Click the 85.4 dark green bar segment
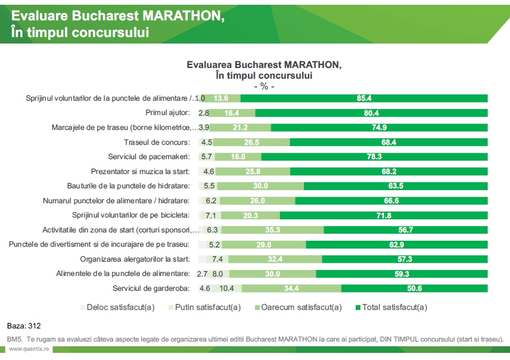(x=364, y=98)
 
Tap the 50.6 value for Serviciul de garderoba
(x=415, y=288)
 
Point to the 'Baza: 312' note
(x=24, y=326)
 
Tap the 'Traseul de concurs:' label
(x=157, y=142)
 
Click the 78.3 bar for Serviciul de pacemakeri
(x=374, y=157)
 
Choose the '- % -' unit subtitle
(x=264, y=86)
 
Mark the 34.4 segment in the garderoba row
(x=291, y=288)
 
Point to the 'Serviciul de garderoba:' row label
(x=151, y=288)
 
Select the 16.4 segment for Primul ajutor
(x=233, y=113)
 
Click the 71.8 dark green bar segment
(x=383, y=215)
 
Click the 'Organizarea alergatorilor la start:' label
(x=135, y=259)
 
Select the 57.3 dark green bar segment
(x=405, y=259)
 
